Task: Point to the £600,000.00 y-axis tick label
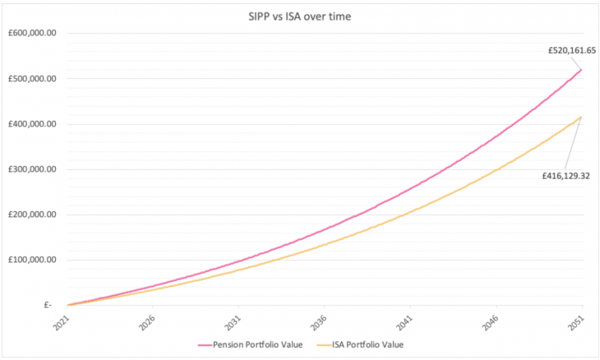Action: (x=30, y=34)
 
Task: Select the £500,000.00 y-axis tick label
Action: (x=30, y=79)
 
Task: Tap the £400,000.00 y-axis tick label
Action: (x=30, y=124)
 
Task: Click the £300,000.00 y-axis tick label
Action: (x=30, y=169)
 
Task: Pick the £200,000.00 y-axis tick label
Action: (x=30, y=215)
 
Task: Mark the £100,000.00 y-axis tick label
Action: (x=30, y=260)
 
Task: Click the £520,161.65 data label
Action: (x=572, y=50)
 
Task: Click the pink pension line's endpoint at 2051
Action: (x=582, y=69)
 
